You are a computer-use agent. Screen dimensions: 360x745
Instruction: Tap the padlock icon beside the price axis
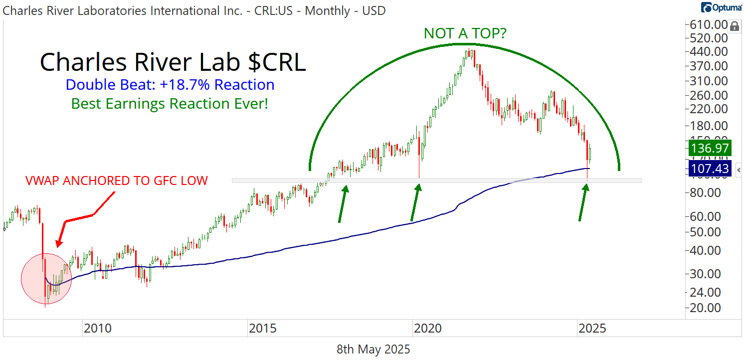[735, 26]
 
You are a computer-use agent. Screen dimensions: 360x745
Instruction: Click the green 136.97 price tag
[710, 148]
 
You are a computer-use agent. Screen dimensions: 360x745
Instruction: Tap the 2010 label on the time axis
[97, 329]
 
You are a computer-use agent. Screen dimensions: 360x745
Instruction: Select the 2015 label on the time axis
[262, 329]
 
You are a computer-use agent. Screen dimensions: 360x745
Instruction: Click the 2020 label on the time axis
[427, 329]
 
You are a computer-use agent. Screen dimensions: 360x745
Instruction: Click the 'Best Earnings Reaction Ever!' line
[170, 104]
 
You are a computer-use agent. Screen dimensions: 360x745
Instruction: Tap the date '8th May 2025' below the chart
[373, 350]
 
